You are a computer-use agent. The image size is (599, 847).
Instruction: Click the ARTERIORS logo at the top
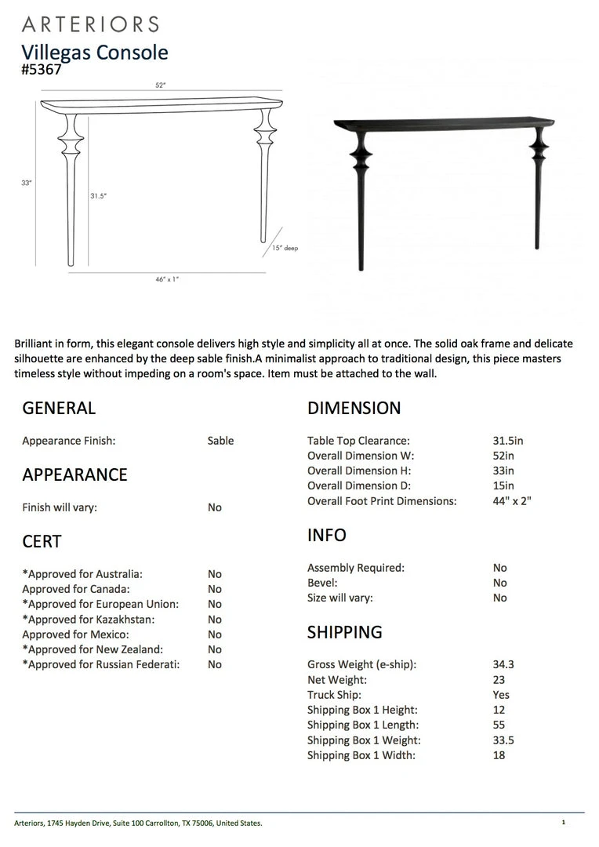(90, 24)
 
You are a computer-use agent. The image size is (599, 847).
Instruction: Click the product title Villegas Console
(95, 53)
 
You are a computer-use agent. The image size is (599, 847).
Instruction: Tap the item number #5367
(42, 69)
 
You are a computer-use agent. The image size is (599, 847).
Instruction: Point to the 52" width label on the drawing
(161, 85)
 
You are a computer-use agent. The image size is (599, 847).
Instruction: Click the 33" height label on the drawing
(26, 183)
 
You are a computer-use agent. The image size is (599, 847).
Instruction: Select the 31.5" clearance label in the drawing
(97, 196)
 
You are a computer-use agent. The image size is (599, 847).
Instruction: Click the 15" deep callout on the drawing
(285, 248)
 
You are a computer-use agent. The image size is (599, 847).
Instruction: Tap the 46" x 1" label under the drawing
(167, 279)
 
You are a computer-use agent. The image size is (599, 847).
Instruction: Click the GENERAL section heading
(59, 408)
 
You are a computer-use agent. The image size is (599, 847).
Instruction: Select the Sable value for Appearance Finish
(220, 441)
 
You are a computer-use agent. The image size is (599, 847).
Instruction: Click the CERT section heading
(42, 541)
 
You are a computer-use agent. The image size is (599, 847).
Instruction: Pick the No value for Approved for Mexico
(215, 634)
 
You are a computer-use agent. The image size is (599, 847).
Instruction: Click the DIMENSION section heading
(354, 408)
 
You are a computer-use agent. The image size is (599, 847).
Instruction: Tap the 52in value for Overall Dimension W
(503, 456)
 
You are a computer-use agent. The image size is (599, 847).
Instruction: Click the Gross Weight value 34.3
(503, 664)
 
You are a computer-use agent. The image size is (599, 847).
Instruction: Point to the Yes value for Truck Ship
(501, 695)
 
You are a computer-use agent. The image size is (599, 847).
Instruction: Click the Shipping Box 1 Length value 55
(499, 725)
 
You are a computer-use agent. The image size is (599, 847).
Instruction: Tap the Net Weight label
(336, 680)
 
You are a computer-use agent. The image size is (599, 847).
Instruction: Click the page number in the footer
(563, 822)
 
